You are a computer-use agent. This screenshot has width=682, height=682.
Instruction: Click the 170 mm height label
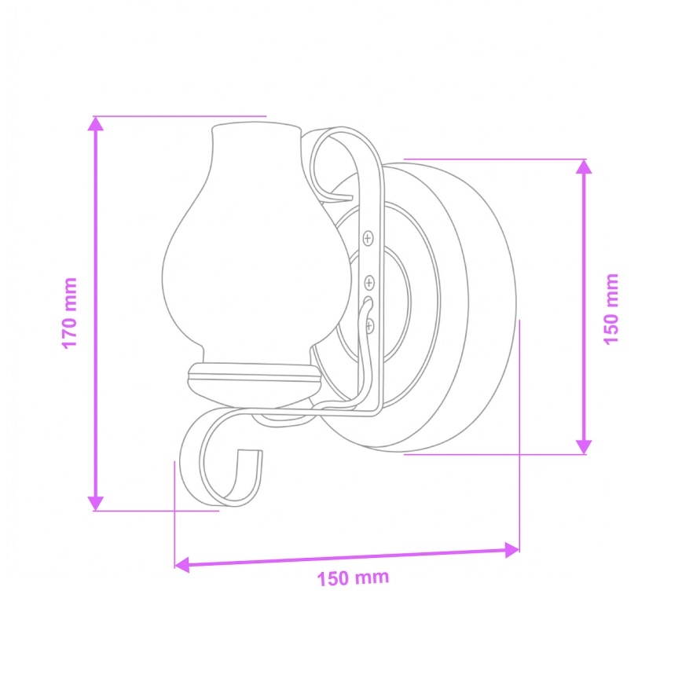(x=70, y=313)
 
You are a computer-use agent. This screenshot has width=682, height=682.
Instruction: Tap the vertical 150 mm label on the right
(x=610, y=307)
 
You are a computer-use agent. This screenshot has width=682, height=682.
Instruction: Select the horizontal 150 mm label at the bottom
(x=353, y=578)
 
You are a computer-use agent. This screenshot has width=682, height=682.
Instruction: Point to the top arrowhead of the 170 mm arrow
(x=96, y=123)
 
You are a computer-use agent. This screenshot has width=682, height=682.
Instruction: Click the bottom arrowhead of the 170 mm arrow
(x=96, y=503)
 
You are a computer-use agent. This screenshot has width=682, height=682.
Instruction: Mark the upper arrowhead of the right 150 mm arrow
(x=582, y=167)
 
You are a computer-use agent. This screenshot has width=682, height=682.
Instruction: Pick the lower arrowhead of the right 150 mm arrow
(x=582, y=446)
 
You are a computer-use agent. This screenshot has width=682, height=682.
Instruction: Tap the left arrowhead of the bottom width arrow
(x=181, y=563)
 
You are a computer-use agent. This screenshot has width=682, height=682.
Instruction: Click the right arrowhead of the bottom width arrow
(x=511, y=550)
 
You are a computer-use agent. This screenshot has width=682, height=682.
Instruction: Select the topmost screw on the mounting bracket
(x=369, y=236)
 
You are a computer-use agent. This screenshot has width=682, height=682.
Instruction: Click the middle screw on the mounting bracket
(x=369, y=281)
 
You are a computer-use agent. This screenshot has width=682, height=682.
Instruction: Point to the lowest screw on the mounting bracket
(x=370, y=323)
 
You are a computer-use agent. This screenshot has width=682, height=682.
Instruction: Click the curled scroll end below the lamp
(x=224, y=464)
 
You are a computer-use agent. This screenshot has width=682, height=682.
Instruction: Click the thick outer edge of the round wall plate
(x=487, y=306)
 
